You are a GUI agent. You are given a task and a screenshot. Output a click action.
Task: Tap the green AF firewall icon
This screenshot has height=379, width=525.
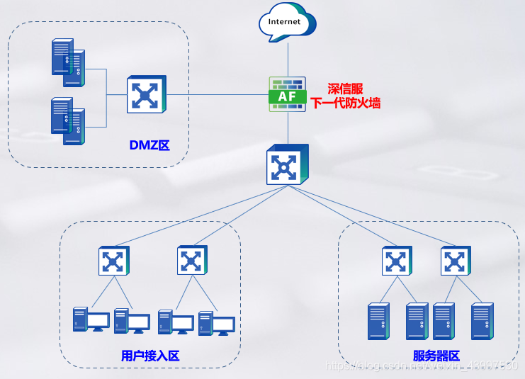288,94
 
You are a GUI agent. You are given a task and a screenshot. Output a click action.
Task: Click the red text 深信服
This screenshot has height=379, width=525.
345,89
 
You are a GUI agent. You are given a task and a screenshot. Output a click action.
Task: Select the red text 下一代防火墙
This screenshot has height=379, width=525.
346,103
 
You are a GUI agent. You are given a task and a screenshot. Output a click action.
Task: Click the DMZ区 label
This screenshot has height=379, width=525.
149,145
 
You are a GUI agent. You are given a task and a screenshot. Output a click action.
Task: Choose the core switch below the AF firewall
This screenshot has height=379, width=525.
288,166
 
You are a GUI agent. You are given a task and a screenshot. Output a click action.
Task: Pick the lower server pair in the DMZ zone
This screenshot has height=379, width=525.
68,120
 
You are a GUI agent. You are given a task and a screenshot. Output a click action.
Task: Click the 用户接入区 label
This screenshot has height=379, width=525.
150,355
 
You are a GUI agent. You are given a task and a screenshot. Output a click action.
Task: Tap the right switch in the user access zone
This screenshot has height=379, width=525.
192,261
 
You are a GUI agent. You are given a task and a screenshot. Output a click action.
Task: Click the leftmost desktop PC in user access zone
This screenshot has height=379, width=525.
91,320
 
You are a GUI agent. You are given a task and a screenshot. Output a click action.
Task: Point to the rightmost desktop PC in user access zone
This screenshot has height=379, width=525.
217,323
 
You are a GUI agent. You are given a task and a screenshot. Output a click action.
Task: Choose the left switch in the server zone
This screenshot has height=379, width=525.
397,261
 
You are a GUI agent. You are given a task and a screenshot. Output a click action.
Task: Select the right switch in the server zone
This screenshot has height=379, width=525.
456,261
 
